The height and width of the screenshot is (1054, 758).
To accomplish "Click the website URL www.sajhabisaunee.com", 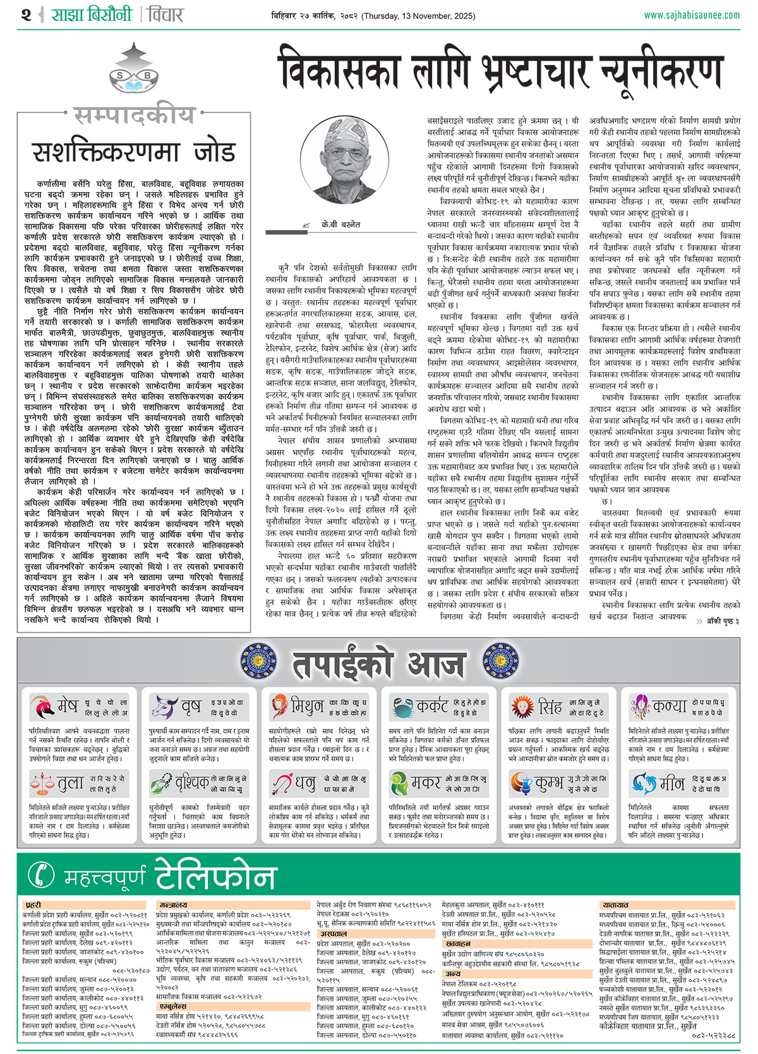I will pyautogui.click(x=692, y=15).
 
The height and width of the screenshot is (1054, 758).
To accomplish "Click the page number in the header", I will pyautogui.click(x=26, y=15).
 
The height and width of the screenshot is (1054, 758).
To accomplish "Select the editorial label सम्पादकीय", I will pyautogui.click(x=134, y=116).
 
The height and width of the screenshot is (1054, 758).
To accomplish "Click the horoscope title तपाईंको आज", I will pyautogui.click(x=378, y=664).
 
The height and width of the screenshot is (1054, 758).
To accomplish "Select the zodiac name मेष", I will pyautogui.click(x=68, y=706).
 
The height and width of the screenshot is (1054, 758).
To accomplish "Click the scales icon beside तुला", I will pyautogui.click(x=42, y=784).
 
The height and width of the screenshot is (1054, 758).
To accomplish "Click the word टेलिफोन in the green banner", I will pyautogui.click(x=215, y=875).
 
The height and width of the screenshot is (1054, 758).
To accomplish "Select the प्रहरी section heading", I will pyautogui.click(x=33, y=906).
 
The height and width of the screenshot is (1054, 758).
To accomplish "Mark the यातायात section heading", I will pyautogui.click(x=615, y=906).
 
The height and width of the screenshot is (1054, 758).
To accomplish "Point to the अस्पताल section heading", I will pyautogui.click(x=333, y=933).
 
